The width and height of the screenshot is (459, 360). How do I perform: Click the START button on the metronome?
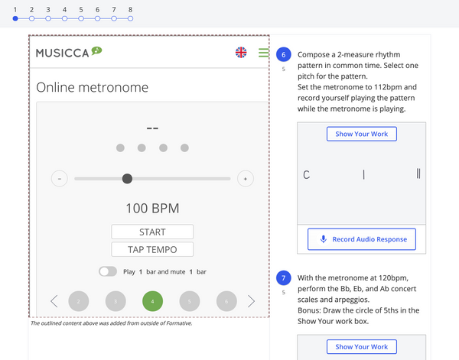pos(152,232)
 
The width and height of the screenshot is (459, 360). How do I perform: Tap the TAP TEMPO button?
pos(152,249)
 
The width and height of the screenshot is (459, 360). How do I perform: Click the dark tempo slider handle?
pos(127,178)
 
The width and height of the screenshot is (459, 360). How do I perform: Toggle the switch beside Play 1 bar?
pos(108,271)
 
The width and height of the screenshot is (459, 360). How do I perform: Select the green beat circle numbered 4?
pos(152,301)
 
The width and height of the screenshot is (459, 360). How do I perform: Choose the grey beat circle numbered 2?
pos(79,301)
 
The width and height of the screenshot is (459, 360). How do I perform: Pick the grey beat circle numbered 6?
pos(226,301)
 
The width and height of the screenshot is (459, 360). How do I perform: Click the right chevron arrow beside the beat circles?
pos(251,301)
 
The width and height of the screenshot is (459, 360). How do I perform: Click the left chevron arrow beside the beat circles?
pos(54,301)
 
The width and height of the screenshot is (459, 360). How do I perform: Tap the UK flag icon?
pos(241,52)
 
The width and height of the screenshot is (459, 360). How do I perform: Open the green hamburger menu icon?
pos(263,53)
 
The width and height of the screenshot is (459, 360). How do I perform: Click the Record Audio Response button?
pos(362,239)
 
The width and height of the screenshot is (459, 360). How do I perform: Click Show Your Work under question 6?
pos(362,134)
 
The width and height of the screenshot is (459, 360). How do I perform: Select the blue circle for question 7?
pos(283,277)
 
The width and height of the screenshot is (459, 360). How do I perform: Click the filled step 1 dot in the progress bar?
pos(15,18)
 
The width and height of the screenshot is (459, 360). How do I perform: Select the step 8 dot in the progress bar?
pos(131,18)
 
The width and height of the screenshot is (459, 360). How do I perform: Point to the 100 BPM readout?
pos(152,208)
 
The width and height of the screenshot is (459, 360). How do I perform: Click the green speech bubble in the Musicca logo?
pos(96,50)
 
